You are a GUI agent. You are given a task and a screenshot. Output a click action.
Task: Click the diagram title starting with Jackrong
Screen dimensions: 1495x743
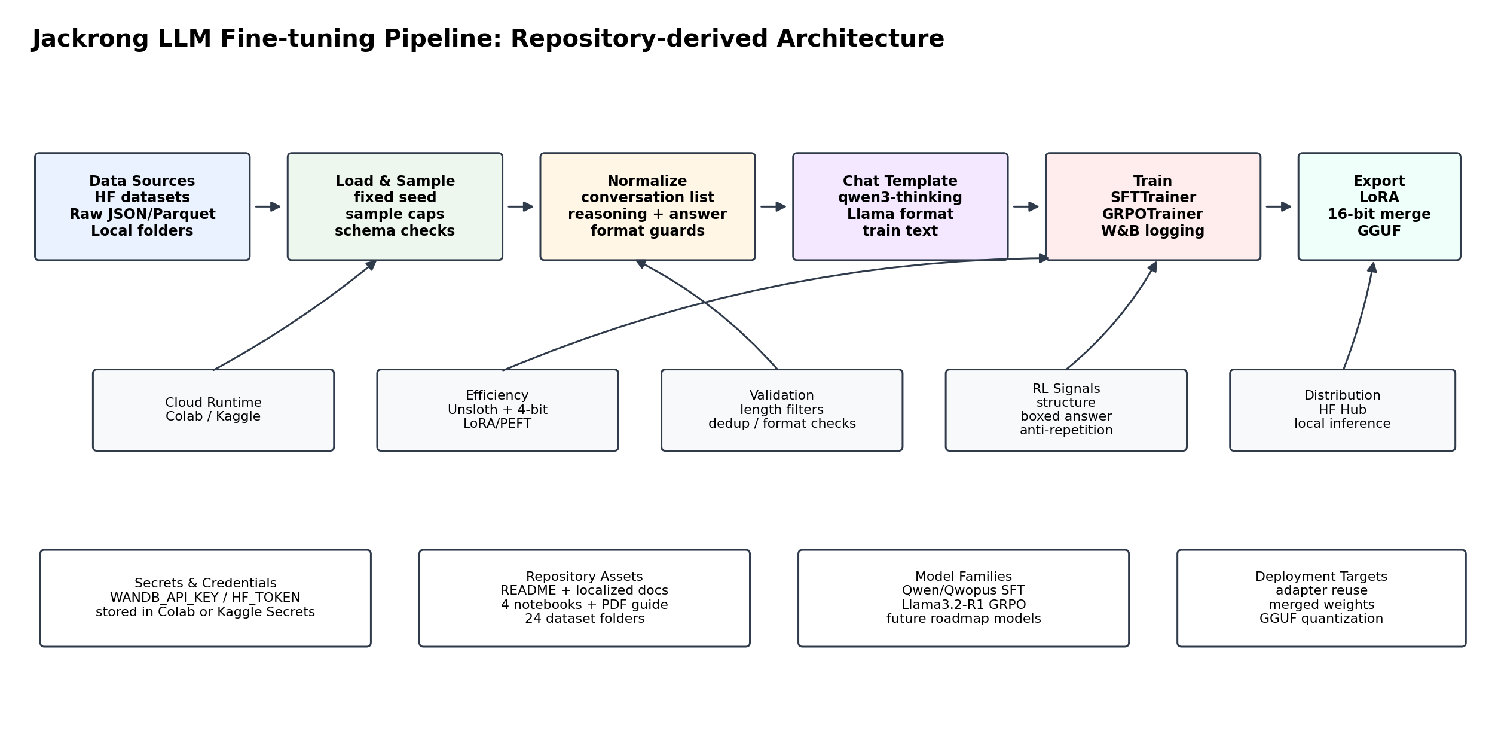click(488, 39)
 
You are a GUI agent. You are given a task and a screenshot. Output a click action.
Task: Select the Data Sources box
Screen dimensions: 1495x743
click(142, 206)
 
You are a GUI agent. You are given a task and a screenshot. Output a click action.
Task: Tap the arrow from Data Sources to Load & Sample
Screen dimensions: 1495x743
click(268, 206)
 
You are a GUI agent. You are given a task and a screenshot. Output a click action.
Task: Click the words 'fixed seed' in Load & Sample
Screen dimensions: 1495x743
click(395, 197)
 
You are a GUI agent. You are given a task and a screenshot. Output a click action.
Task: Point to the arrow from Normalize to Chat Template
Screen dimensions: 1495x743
click(774, 206)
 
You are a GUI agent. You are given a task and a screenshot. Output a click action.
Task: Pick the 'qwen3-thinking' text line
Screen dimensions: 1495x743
click(900, 197)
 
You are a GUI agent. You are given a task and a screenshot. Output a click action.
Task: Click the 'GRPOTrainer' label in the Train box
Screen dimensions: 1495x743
click(1153, 214)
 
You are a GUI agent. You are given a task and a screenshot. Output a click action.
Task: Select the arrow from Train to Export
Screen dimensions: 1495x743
click(1279, 206)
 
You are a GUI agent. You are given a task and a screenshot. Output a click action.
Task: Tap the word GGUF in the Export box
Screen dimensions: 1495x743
click(1380, 231)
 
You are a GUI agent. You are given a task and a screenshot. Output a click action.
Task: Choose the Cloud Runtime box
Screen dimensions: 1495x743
click(213, 410)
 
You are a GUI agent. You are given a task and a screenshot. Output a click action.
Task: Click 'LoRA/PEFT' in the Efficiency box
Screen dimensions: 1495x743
click(497, 424)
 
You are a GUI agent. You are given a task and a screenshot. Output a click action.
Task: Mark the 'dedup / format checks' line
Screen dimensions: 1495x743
click(782, 424)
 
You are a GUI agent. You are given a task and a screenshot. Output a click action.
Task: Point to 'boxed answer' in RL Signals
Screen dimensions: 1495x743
click(1066, 416)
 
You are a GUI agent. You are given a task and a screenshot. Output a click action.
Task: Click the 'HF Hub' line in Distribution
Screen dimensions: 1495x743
click(1343, 410)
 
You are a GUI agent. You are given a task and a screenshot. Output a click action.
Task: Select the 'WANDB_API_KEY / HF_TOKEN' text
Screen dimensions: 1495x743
click(205, 598)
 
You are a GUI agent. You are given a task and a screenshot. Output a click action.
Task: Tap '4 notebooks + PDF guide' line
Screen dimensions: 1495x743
click(585, 605)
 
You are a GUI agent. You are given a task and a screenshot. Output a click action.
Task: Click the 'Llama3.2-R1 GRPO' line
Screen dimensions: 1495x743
click(964, 605)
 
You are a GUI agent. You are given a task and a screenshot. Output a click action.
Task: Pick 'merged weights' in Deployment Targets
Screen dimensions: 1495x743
click(1322, 605)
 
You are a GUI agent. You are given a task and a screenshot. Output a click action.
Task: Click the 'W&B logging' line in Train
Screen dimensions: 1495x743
click(1153, 231)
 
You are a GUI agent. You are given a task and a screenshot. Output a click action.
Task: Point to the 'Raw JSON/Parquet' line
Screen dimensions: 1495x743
click(142, 214)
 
